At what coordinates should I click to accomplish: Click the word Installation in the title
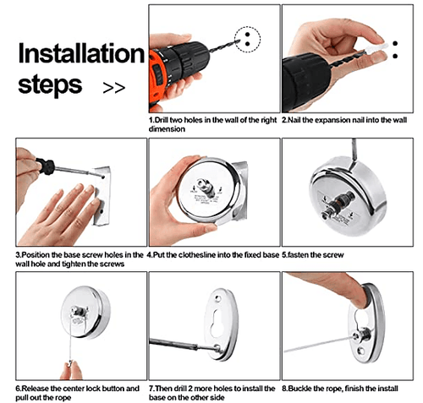(x=81, y=53)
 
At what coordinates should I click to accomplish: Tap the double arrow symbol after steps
(x=113, y=86)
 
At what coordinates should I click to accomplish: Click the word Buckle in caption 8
(x=300, y=388)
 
